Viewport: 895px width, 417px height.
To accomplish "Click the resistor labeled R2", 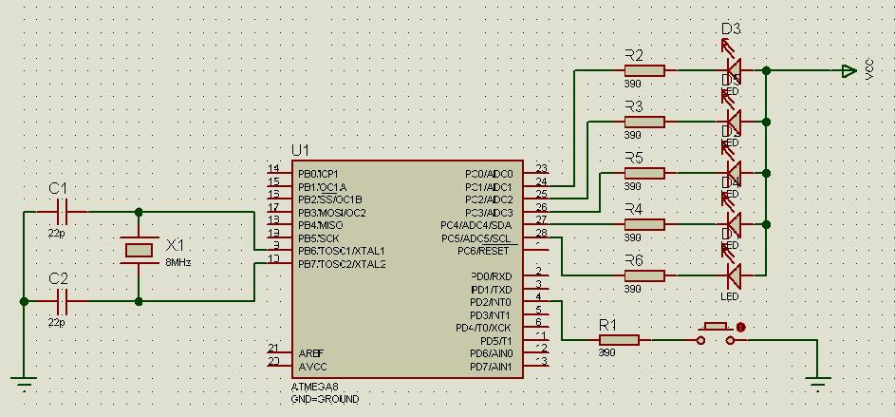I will pos(644,70).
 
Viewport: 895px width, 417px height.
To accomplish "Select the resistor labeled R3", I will pos(644,122).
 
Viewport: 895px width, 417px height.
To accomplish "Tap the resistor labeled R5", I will pos(644,173).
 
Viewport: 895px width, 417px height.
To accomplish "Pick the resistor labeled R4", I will pos(644,224).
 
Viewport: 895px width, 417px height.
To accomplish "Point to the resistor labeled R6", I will pos(644,275).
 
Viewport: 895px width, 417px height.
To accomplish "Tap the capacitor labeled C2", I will pos(64,301).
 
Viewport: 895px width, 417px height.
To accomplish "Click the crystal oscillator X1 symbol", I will pos(139,250).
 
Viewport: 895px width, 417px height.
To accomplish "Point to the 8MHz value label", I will pos(178,261).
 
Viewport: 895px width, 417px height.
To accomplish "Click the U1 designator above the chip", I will pos(301,150).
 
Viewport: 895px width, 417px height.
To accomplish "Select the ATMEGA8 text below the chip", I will pos(313,388).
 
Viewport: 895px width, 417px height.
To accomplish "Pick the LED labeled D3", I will pos(732,68).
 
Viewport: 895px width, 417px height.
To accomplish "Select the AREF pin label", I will pos(310,353).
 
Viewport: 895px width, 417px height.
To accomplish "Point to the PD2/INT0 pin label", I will pos(491,302).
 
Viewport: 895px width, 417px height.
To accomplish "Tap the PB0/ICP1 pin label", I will pos(318,174).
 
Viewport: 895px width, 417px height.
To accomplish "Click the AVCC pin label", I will pos(311,367).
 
